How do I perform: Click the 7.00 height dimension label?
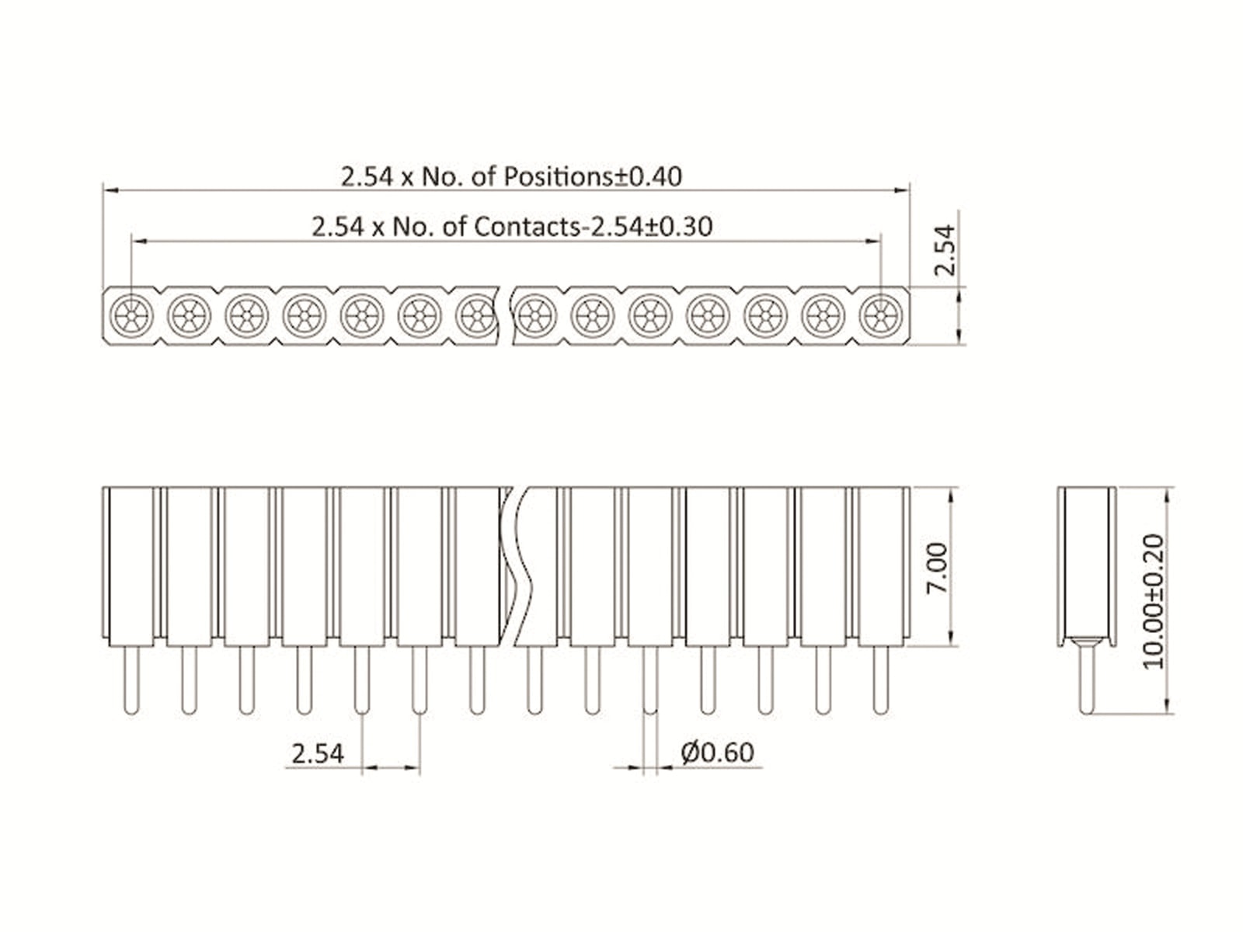(x=938, y=567)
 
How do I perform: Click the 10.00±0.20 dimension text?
(x=1154, y=600)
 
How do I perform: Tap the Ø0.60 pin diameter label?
(x=717, y=753)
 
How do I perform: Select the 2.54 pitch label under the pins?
(x=318, y=753)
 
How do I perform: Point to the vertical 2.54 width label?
(x=944, y=250)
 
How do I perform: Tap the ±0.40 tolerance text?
(x=648, y=176)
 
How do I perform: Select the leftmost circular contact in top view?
(x=132, y=316)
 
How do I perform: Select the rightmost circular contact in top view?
(x=880, y=316)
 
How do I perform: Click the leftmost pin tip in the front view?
(x=132, y=708)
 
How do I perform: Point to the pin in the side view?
(x=1087, y=680)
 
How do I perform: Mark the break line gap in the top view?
(x=504, y=316)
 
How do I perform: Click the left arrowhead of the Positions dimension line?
(x=110, y=189)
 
